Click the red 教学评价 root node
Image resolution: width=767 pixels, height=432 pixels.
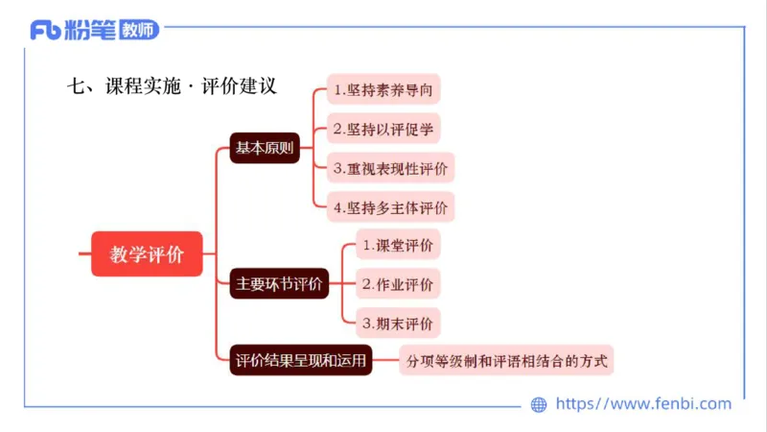(x=147, y=254)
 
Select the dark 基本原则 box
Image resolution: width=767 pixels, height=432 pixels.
(x=265, y=149)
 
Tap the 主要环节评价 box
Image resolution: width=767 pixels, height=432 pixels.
(x=281, y=284)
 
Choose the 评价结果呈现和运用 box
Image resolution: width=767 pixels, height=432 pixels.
(x=301, y=361)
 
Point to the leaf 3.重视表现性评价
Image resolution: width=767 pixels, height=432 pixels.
(x=390, y=168)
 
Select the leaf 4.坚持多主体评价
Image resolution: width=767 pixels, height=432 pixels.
(x=390, y=206)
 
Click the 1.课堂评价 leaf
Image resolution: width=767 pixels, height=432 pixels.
(x=398, y=246)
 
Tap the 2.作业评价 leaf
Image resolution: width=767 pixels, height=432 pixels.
(x=398, y=284)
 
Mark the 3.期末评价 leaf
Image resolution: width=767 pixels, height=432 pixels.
(x=398, y=323)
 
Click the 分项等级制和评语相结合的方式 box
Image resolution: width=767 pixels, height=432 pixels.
(x=506, y=361)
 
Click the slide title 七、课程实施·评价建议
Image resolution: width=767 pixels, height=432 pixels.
(x=173, y=85)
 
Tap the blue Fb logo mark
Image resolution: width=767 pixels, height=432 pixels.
(x=46, y=31)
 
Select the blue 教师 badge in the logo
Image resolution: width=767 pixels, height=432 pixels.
(x=139, y=31)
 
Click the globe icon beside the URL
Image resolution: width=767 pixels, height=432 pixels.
(x=539, y=405)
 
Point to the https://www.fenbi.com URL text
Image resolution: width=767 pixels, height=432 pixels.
(x=643, y=404)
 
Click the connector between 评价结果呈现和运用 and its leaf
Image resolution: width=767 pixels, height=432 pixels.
(x=385, y=361)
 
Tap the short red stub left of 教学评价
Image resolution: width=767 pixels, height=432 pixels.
(x=84, y=254)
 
